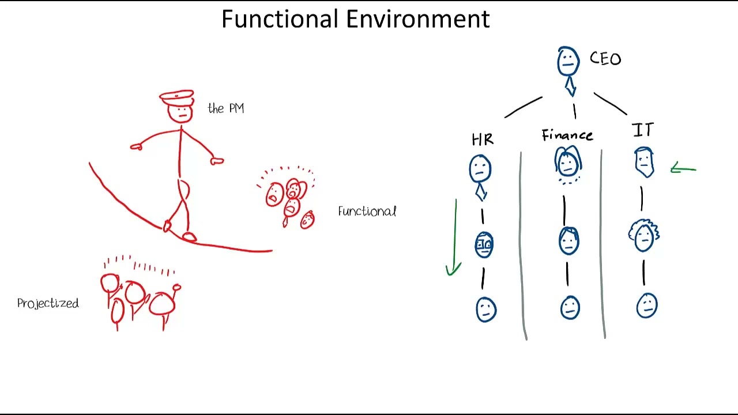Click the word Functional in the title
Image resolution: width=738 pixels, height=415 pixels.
pos(281,19)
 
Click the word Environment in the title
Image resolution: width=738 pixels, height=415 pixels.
pos(418,19)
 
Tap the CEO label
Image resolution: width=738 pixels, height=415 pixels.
pos(605,59)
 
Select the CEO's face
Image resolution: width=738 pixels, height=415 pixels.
pos(568,61)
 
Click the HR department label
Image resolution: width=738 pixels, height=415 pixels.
pos(483,139)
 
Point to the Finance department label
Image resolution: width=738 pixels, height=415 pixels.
pos(567,135)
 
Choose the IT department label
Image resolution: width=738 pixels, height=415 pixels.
pos(643,131)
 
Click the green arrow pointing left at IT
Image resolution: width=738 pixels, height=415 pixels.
pos(684,169)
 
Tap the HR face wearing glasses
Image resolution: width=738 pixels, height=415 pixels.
pos(484,245)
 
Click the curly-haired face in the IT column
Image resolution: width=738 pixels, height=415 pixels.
pos(643,235)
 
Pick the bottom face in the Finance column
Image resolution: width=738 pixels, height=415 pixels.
pos(570,308)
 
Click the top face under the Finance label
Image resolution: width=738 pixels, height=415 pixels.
pos(568,163)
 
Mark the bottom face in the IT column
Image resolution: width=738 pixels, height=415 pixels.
pos(646,305)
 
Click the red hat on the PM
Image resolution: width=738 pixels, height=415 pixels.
pos(177,97)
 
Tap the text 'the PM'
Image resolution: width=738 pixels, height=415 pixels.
pos(226,108)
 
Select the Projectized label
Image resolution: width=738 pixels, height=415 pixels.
pos(48,303)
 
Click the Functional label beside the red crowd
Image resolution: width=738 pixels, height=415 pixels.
pos(367,212)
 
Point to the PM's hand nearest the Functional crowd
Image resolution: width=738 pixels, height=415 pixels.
pos(217,161)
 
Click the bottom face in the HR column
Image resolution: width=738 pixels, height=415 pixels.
pos(485,310)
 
